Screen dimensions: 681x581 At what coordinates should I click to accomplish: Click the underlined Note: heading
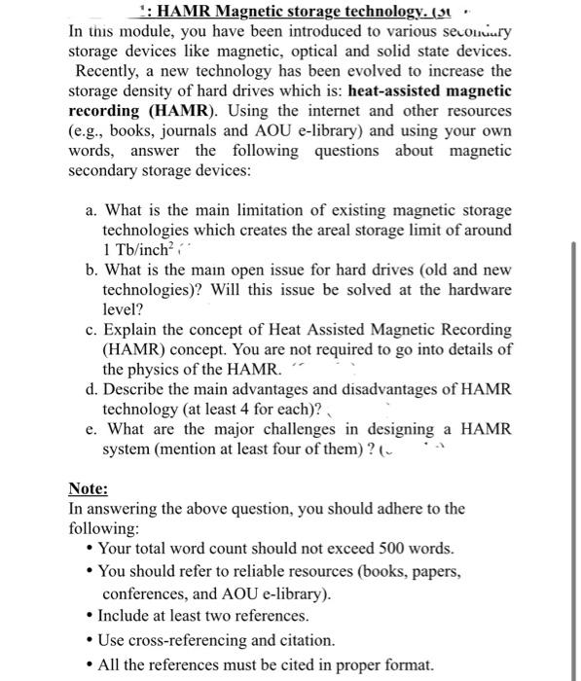[x=88, y=489]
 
